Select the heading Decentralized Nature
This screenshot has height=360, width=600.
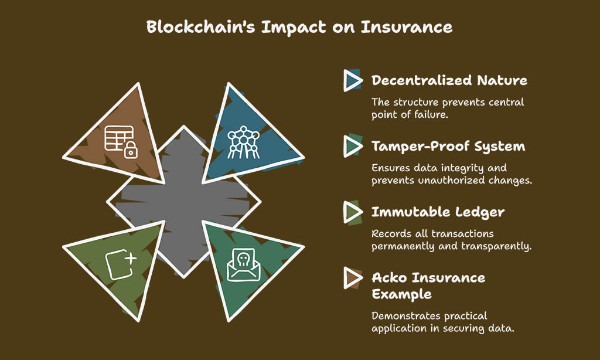click(x=449, y=80)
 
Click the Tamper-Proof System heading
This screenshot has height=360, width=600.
click(x=448, y=147)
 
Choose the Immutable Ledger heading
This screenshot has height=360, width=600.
click(x=438, y=212)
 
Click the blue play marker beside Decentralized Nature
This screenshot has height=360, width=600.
click(x=352, y=80)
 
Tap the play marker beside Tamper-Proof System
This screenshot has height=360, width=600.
click(x=352, y=146)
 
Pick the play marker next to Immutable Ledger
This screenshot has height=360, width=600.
click(x=352, y=212)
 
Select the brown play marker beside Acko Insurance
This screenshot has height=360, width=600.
click(x=352, y=278)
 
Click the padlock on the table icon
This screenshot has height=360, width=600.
click(x=131, y=150)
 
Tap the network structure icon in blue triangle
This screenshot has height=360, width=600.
click(x=243, y=142)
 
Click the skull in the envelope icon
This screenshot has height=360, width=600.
click(x=243, y=260)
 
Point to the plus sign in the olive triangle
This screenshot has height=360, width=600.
click(x=131, y=259)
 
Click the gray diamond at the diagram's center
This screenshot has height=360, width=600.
click(x=183, y=202)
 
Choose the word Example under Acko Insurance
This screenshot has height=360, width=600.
click(x=401, y=294)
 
